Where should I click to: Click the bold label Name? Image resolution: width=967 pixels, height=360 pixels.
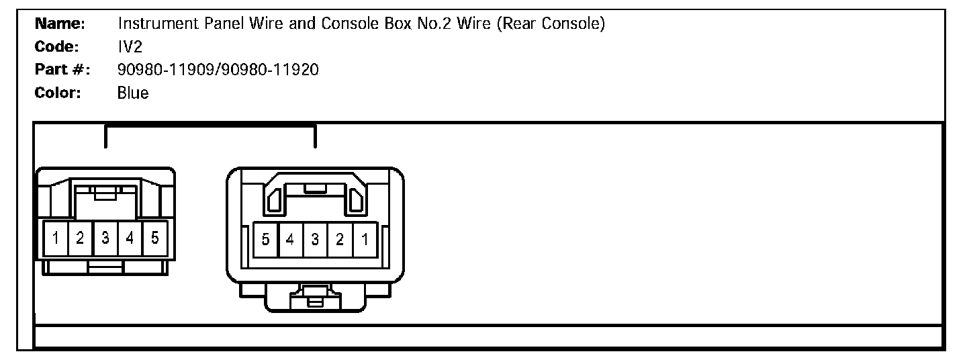(59, 25)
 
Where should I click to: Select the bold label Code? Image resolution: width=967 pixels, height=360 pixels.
(58, 48)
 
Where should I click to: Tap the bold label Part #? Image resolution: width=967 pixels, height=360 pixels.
(62, 70)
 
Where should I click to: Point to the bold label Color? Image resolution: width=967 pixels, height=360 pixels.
(58, 93)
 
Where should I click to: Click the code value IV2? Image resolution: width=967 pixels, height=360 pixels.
(128, 48)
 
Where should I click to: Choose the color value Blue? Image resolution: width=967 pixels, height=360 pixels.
(133, 93)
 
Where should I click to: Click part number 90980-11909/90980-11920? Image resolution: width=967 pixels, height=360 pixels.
(218, 70)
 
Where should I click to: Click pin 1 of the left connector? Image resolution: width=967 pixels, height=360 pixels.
(56, 238)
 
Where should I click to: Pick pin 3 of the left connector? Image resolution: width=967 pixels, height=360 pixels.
(105, 238)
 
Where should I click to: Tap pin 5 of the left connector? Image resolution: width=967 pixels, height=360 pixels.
(154, 238)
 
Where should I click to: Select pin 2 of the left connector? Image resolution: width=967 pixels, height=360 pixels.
(81, 238)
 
